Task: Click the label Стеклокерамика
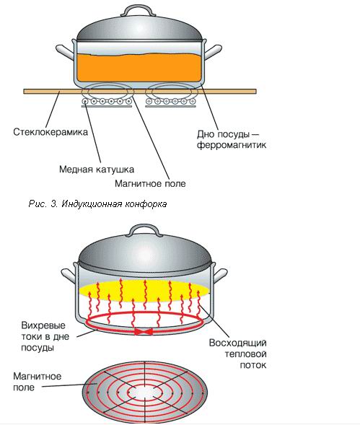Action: coord(51,132)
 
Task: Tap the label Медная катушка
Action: coord(97,170)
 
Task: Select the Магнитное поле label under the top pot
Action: coord(150,183)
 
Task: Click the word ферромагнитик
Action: coord(232,145)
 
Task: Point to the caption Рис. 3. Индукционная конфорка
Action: coord(97,203)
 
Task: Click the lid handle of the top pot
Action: coord(136,11)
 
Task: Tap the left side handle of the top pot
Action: coord(65,53)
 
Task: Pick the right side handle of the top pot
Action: coord(213,52)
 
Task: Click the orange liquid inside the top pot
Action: coord(139,68)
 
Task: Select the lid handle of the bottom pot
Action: coord(144,232)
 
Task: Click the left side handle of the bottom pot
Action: coord(69,276)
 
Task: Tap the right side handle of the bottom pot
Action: coord(220,276)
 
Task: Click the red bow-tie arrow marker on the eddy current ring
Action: coord(144,331)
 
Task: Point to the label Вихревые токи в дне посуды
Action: coord(45,336)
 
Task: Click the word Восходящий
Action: coord(238,343)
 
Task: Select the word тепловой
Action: coord(245,354)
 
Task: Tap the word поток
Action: coord(253,365)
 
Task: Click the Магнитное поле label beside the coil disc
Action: coord(37,382)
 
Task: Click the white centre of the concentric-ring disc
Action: coord(145,392)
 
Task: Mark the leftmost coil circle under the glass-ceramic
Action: coord(85,102)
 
